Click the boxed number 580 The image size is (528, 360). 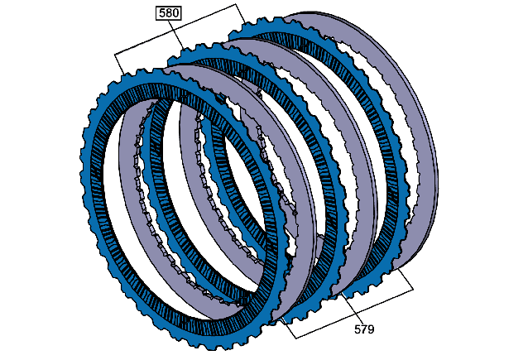[x=168, y=12]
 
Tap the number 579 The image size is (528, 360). [x=364, y=329]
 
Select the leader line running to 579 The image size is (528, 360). [x=353, y=309]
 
